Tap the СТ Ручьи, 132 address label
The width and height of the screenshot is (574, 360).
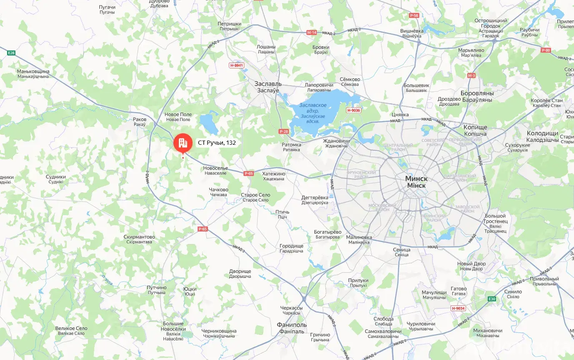[217, 143]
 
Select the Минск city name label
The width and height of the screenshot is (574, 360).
[416, 179]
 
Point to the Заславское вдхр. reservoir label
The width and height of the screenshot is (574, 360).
[313, 106]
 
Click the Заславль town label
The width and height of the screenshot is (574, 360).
[268, 83]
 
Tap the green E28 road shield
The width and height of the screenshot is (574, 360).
[11, 53]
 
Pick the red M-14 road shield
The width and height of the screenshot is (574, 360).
[311, 32]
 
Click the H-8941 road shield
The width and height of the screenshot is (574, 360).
[236, 65]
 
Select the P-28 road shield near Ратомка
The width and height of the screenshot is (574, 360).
[283, 132]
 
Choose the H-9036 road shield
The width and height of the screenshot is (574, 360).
[353, 110]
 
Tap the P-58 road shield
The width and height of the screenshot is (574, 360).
[414, 15]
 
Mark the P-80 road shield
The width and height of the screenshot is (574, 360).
[546, 50]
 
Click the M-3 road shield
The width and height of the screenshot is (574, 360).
[471, 76]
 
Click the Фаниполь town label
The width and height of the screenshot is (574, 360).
[292, 325]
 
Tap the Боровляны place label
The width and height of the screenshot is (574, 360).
[477, 93]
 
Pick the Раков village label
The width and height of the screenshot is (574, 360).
[140, 119]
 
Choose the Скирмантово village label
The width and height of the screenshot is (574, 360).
[139, 237]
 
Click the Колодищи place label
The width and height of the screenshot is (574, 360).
[542, 133]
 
